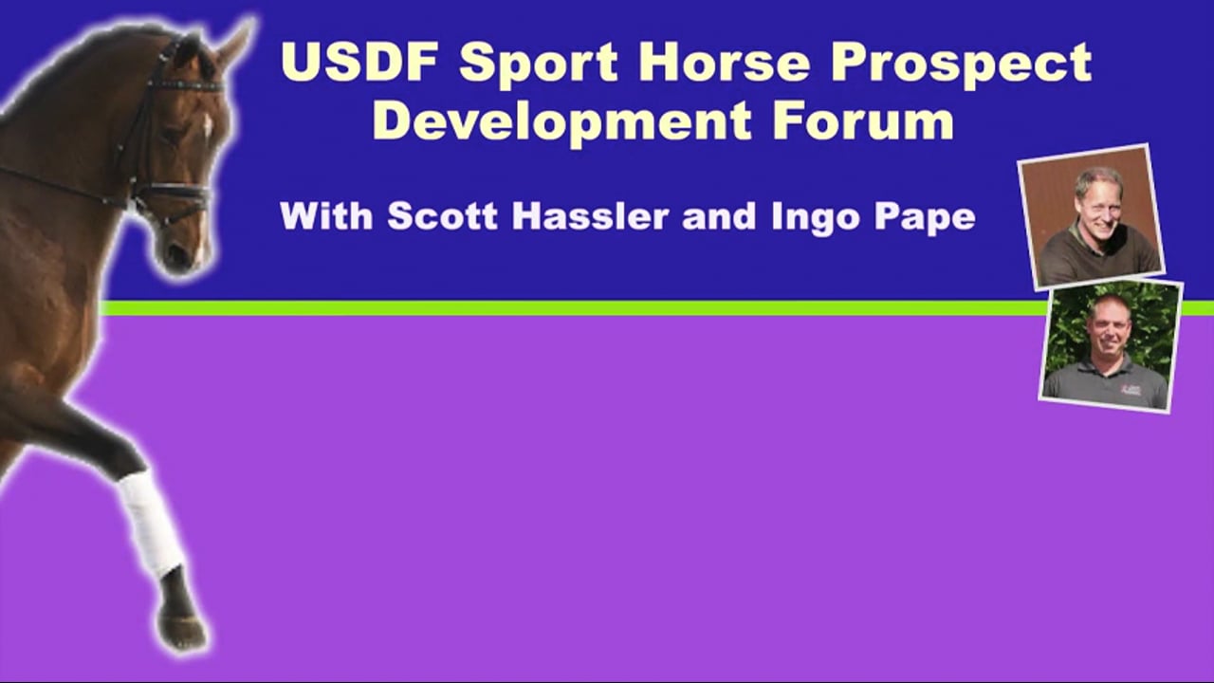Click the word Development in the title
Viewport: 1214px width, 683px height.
pos(553,123)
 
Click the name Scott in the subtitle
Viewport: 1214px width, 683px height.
pos(446,216)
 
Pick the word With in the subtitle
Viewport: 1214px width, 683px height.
pos(327,216)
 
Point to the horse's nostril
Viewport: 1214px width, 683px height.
pos(175,254)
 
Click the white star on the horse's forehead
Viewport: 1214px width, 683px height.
pos(208,124)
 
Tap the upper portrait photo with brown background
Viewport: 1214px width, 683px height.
pos(1091,216)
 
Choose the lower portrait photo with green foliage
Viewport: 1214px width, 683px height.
pos(1111,345)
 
